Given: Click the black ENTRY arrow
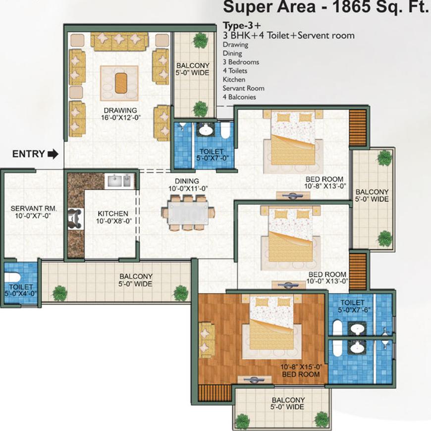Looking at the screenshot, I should pos(53,154).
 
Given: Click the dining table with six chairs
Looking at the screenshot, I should pos(188,213).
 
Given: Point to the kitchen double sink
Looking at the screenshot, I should pos(120,182).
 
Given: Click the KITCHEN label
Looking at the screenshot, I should pos(113,214).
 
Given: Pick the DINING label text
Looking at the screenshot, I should pos(186,181).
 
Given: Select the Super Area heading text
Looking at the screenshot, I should pos(324,8).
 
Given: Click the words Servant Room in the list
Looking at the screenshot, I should pos(243,88).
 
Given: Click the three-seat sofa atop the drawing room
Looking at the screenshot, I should pos(119,42).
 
